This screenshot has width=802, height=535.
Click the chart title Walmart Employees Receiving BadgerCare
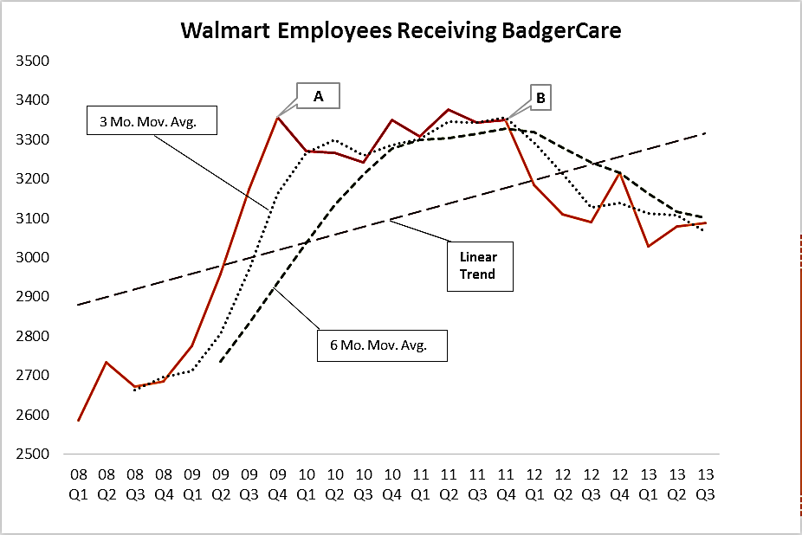pyautogui.click(x=401, y=30)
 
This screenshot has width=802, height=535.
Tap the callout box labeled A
pyautogui.click(x=318, y=96)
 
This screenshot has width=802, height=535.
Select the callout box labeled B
pyautogui.click(x=540, y=97)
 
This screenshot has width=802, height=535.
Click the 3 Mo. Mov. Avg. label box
pyautogui.click(x=152, y=120)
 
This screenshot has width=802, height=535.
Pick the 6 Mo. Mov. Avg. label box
pyautogui.click(x=382, y=345)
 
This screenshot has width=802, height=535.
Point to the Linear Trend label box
pyautogui.click(x=480, y=266)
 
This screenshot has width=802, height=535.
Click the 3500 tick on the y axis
pyautogui.click(x=33, y=61)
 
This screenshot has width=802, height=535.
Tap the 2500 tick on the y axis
pyautogui.click(x=33, y=454)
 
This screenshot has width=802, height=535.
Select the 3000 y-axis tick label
pyautogui.click(x=33, y=257)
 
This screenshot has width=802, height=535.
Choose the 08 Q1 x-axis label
pyautogui.click(x=78, y=485)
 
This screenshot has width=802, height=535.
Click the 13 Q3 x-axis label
pyautogui.click(x=706, y=485)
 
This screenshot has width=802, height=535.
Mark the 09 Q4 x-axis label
pyautogui.click(x=278, y=485)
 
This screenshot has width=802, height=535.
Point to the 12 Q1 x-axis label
pyautogui.click(x=534, y=485)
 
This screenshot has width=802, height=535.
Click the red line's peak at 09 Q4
pyautogui.click(x=277, y=118)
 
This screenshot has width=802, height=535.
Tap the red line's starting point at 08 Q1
pyautogui.click(x=78, y=421)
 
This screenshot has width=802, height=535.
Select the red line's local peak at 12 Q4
pyautogui.click(x=620, y=173)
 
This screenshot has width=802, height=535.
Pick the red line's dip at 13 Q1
pyautogui.click(x=649, y=247)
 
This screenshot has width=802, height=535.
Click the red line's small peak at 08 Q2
pyautogui.click(x=107, y=362)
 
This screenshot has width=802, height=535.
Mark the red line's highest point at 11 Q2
pyautogui.click(x=449, y=109)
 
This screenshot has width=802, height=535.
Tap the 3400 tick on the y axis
pyautogui.click(x=33, y=100)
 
